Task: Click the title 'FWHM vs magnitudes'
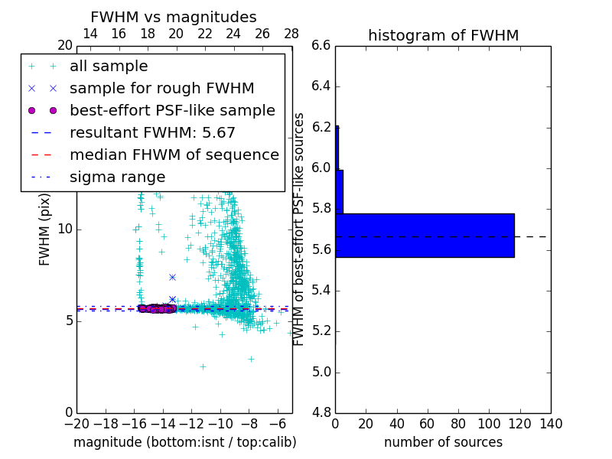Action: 174,17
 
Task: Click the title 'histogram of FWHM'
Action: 443,35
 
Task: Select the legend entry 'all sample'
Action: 109,67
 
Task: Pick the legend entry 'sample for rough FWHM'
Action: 161,89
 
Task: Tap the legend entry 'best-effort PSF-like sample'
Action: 172,111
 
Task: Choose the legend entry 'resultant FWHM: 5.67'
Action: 152,133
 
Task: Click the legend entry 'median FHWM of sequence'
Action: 174,155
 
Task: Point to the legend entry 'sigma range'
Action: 117,177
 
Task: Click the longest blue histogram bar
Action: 425,235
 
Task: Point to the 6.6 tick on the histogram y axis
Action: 321,46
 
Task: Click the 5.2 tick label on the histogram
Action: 321,331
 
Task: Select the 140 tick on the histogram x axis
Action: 551,424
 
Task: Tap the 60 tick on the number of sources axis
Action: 428,424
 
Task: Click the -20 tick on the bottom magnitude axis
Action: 76,424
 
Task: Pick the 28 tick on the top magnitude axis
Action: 291,34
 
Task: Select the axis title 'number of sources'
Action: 443,442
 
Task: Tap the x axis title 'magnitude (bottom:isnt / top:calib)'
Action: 184,442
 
